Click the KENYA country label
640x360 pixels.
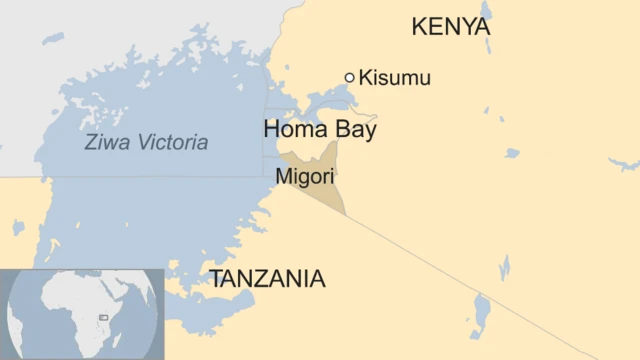[451, 27]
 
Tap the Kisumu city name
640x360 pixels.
[395, 78]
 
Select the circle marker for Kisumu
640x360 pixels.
[349, 77]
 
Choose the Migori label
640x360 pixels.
[305, 175]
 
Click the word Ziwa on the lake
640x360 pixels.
[106, 143]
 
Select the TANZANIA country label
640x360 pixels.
[267, 279]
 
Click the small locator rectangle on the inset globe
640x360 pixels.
[104, 317]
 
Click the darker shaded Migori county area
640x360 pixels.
[325, 190]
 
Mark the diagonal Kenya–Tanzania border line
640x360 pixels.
[450, 264]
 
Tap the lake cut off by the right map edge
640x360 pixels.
[625, 163]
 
